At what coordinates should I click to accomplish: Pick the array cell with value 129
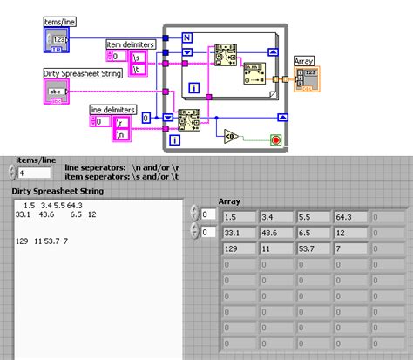click(236, 249)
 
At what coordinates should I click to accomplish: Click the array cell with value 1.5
click(236, 216)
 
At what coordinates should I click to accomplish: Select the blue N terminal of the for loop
click(186, 37)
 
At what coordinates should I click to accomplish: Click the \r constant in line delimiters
click(123, 122)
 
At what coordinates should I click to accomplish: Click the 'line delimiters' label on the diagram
click(112, 109)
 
